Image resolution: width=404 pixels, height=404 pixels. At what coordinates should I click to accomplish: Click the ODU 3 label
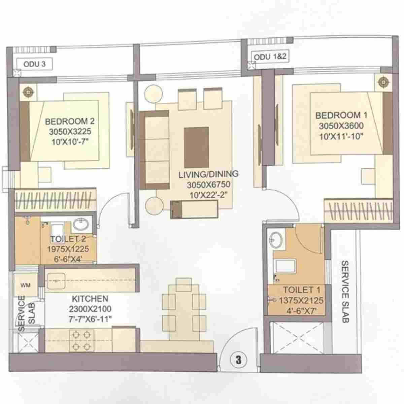pyautogui.click(x=34, y=64)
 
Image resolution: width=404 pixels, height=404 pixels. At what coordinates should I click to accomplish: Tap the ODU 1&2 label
pyautogui.click(x=270, y=57)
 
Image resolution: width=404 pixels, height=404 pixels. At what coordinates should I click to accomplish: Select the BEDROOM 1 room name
pyautogui.click(x=341, y=115)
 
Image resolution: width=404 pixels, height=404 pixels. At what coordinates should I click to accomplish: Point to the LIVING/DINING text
pyautogui.click(x=208, y=174)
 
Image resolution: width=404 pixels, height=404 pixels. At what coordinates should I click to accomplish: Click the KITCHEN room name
pyautogui.click(x=90, y=299)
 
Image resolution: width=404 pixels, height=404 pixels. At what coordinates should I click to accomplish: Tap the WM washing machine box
pyautogui.click(x=26, y=285)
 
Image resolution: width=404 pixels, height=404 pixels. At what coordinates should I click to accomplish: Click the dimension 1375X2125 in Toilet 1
pyautogui.click(x=301, y=300)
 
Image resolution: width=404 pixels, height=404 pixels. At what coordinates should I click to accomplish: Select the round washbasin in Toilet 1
pyautogui.click(x=277, y=239)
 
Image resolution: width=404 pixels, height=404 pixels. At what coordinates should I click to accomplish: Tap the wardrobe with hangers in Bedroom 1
pyautogui.click(x=359, y=211)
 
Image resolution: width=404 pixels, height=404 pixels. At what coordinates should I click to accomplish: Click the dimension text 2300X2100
pyautogui.click(x=90, y=309)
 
